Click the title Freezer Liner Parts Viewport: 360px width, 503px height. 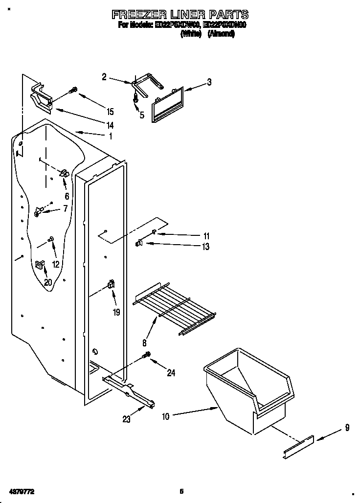pyautogui.click(x=180, y=14)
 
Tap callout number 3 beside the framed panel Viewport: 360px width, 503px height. pyautogui.click(x=209, y=82)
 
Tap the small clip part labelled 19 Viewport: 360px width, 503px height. pyautogui.click(x=111, y=284)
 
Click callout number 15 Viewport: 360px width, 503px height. pyautogui.click(x=110, y=111)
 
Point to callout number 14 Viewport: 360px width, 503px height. pyautogui.click(x=110, y=125)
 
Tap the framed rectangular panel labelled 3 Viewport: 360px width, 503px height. pyautogui.click(x=168, y=103)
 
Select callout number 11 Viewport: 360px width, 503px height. pyautogui.click(x=206, y=236)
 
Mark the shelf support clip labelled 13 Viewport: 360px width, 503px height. pyautogui.click(x=139, y=242)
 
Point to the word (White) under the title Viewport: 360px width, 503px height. pyautogui.click(x=191, y=34)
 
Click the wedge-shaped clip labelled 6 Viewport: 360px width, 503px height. pyautogui.click(x=63, y=173)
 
